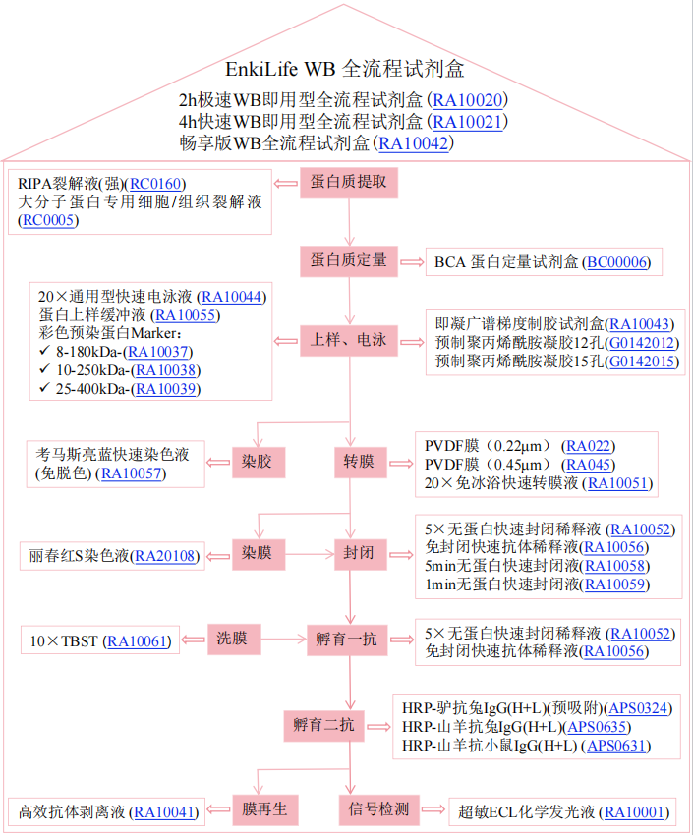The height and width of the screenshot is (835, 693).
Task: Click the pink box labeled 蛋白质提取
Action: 348,183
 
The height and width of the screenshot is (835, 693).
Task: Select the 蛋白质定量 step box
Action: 348,260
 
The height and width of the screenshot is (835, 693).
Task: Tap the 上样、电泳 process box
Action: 348,340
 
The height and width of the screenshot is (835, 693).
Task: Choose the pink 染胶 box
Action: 257,461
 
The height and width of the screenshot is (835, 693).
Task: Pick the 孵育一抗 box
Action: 348,640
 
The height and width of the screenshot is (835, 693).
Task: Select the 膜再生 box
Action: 263,810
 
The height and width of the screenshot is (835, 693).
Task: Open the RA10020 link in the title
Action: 468,100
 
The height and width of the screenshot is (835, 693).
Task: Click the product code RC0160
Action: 156,184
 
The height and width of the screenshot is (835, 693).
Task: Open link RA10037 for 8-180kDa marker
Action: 158,352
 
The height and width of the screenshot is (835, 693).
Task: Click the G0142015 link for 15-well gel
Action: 643,362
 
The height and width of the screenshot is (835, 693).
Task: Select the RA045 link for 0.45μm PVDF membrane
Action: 589,464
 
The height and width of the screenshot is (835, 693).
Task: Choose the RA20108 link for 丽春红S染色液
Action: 166,557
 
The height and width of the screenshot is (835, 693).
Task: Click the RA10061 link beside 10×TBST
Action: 139,641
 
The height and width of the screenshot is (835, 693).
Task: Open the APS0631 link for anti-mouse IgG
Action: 619,747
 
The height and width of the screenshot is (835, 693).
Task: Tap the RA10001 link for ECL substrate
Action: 636,812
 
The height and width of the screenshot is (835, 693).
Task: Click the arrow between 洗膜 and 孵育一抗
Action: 283,640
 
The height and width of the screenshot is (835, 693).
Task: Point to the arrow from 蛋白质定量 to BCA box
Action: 410,261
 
